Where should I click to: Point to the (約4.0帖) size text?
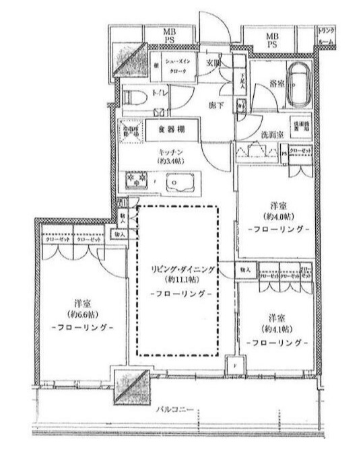coord(277,217)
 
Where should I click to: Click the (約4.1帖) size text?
coord(277,330)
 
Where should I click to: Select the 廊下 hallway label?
coord(215,105)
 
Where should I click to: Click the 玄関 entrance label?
coord(213,63)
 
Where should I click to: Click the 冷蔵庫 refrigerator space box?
coord(127,129)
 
